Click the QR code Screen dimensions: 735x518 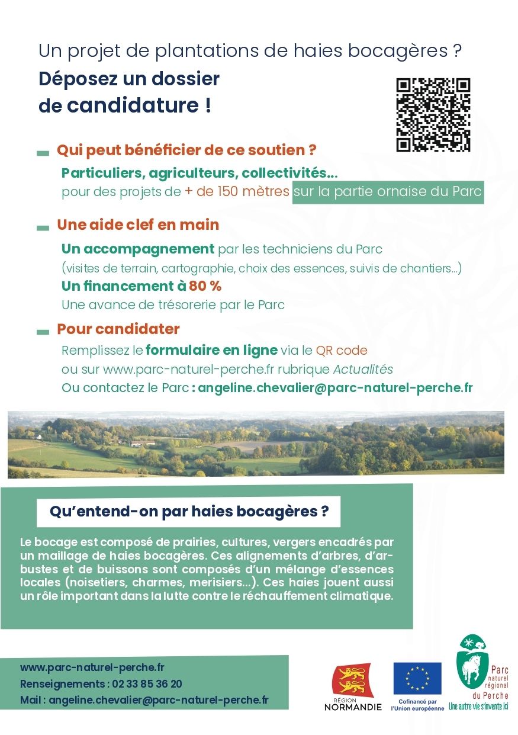pyautogui.click(x=433, y=115)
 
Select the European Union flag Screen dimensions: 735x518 pyautogui.click(x=417, y=678)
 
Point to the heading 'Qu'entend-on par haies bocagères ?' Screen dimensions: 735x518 pyautogui.click(x=189, y=512)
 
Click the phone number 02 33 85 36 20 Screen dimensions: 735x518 pyautogui.click(x=147, y=684)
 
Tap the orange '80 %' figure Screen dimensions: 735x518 pyautogui.click(x=205, y=286)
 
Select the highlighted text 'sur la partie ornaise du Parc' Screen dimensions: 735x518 pyautogui.click(x=388, y=192)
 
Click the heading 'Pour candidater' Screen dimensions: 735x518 pyautogui.click(x=118, y=329)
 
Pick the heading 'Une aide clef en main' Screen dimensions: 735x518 pyautogui.click(x=138, y=225)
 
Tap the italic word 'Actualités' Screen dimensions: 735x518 pyautogui.click(x=363, y=369)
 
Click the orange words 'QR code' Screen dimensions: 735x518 pyautogui.click(x=342, y=350)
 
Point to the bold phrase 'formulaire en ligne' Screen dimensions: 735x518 pyautogui.click(x=211, y=349)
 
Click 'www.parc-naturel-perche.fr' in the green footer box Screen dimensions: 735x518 pyautogui.click(x=92, y=667)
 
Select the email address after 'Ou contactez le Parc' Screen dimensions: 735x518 pyautogui.click(x=335, y=388)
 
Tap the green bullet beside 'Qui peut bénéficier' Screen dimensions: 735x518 pyautogui.click(x=43, y=153)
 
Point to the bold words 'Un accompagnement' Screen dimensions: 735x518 pyautogui.click(x=138, y=249)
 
